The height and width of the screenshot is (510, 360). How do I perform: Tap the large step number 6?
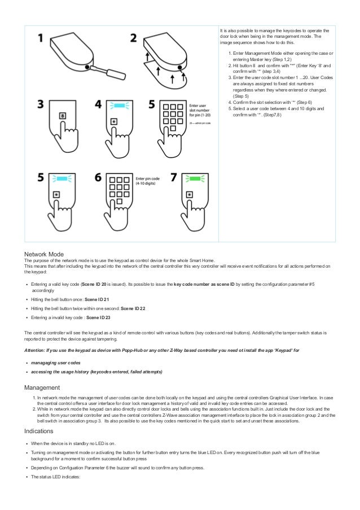tap(98, 178)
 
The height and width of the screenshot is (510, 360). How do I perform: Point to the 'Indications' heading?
tap(41, 431)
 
